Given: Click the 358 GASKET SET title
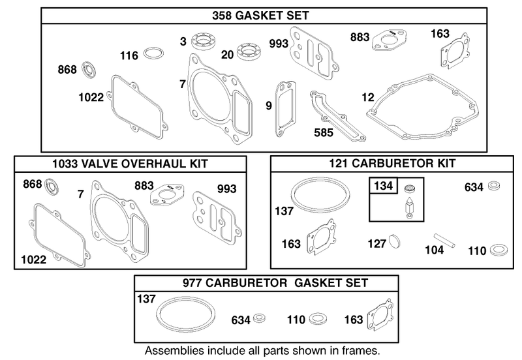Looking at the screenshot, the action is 260,16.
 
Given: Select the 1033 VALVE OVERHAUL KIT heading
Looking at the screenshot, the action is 130,164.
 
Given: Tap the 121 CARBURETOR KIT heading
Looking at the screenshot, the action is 392,163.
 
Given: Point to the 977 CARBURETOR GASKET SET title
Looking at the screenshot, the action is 275,283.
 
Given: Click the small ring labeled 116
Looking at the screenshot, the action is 153,53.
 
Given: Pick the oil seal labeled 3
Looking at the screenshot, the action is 203,41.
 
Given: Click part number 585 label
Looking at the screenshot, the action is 323,132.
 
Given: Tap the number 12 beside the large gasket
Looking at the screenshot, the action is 368,97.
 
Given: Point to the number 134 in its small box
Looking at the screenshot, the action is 383,185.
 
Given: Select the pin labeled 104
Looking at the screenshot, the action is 444,240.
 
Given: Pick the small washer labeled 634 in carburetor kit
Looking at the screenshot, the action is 494,186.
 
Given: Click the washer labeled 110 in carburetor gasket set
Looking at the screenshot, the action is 318,319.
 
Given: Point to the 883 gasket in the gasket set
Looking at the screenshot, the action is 389,40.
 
